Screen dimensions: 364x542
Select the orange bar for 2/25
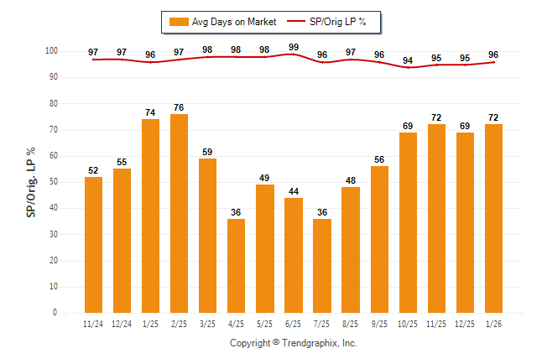179,213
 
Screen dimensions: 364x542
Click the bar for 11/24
93,244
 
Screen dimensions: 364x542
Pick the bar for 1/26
493,218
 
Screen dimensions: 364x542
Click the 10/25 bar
408,222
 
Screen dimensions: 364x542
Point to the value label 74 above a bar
150,112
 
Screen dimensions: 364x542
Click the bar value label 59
207,152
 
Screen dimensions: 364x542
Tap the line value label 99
294,47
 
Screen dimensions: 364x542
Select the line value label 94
408,60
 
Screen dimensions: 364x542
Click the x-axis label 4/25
236,323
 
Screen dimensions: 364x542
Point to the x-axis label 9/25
378,323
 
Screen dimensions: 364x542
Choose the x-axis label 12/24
122,323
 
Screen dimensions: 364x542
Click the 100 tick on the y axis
51,51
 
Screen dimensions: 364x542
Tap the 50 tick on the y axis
53,182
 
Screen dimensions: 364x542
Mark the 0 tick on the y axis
55,313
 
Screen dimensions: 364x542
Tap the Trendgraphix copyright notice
294,343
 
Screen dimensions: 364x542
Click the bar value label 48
350,180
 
